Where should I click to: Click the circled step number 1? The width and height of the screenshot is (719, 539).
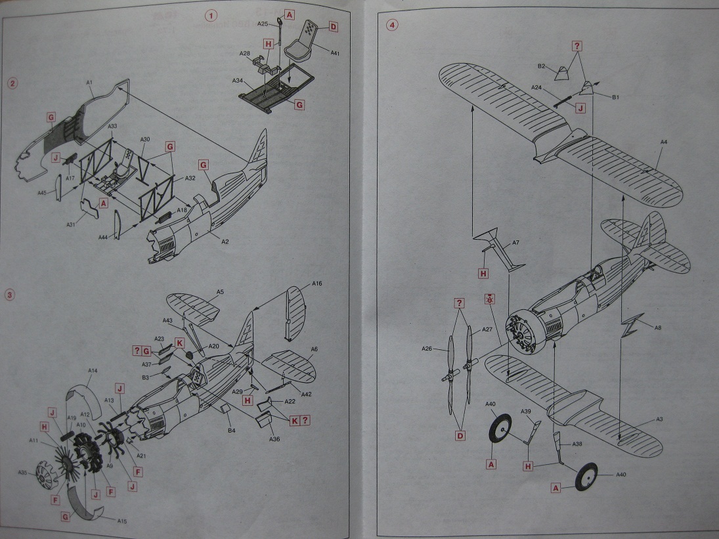pos(210,14)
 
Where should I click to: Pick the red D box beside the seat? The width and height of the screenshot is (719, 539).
pos(333,27)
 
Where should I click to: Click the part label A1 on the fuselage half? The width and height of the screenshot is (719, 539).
pos(90,82)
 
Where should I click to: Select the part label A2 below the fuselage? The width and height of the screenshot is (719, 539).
pos(225,242)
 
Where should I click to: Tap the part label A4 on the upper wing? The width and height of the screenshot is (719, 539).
pos(664,152)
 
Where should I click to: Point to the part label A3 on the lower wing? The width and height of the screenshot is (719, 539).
pos(660,419)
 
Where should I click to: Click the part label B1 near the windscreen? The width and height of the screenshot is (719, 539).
pos(616,97)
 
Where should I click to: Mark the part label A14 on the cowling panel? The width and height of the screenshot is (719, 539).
pos(93,372)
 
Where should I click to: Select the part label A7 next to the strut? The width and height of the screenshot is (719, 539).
pos(515,243)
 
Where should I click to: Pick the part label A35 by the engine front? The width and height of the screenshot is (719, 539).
pos(22,473)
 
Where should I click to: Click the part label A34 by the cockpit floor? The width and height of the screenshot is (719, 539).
pos(238,81)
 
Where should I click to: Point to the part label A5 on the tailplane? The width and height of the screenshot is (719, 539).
pos(220,291)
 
